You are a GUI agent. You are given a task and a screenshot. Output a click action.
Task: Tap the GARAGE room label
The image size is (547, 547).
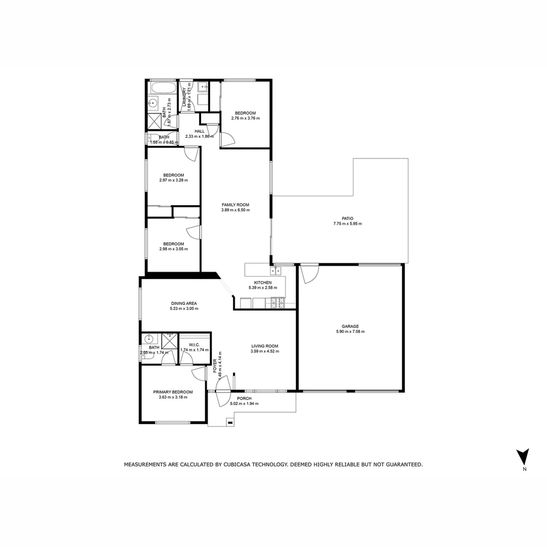coord(350,326)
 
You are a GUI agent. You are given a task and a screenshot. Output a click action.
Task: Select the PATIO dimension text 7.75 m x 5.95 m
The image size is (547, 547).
coord(347,223)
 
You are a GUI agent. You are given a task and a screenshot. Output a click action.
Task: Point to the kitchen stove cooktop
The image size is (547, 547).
coord(278,303)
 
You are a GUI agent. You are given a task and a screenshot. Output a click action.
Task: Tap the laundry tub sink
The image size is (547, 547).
coord(202,87)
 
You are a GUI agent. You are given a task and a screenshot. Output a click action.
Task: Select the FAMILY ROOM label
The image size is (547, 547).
coord(236,205)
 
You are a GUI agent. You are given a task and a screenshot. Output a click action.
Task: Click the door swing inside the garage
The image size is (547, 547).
coord(308,274)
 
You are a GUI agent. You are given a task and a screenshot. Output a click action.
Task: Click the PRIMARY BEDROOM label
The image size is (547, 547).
coord(173,392)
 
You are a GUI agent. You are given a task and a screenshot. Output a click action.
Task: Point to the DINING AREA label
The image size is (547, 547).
coord(183,303)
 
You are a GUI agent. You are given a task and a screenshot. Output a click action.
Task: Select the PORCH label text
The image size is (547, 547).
coord(244,398)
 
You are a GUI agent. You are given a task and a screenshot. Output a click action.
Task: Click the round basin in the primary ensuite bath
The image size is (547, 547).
coord(149,340)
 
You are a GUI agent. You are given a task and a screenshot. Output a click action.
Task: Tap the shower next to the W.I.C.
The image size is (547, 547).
coord(169,341)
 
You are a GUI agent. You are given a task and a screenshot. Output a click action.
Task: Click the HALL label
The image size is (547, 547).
coord(200,131)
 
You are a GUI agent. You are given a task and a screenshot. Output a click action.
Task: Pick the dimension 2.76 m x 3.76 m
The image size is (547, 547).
coord(245,119)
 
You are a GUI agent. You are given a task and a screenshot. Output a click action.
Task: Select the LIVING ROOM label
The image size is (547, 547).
coord(264,346)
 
